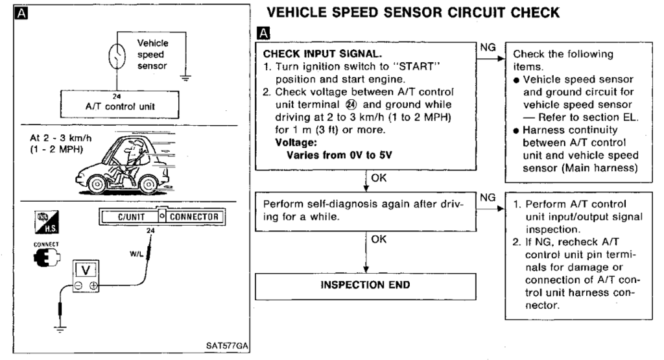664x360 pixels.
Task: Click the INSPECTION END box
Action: tap(367, 285)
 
